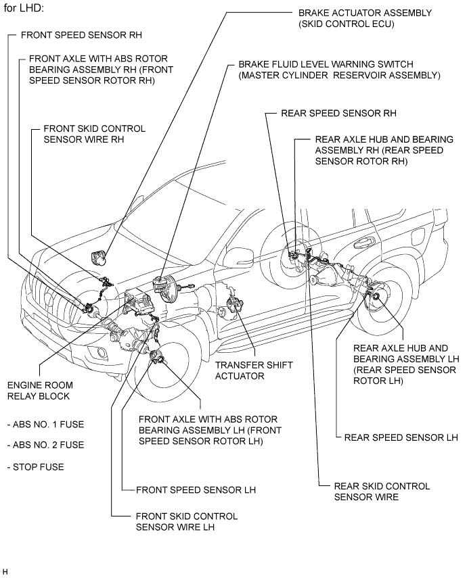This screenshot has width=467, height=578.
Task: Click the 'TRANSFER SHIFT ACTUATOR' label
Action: [x=254, y=370]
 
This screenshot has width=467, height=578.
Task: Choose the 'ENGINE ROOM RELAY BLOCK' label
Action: [x=38, y=390]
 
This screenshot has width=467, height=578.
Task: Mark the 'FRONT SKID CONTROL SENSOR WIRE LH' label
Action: [x=187, y=521]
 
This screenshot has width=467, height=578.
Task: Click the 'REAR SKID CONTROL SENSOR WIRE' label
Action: [x=382, y=491]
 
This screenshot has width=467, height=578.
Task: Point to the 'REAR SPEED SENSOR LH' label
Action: [x=401, y=437]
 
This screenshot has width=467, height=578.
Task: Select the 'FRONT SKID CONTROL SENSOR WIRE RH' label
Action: [x=94, y=133]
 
